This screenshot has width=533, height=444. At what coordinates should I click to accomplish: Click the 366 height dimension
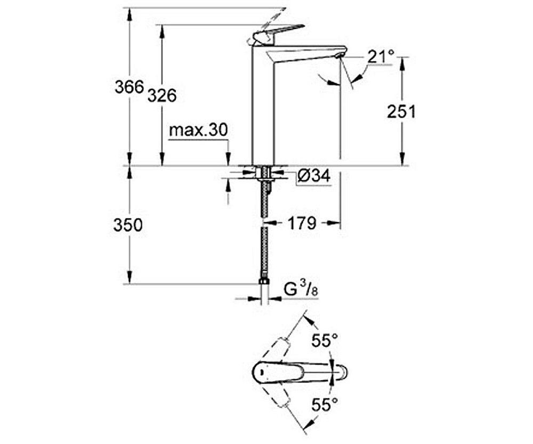[x=130, y=87]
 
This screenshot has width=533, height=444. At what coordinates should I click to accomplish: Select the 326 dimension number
[x=162, y=95]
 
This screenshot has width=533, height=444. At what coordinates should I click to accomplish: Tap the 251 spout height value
[x=401, y=111]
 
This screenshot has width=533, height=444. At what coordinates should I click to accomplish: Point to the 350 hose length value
[x=128, y=225]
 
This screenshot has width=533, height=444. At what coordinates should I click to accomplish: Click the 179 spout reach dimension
[x=302, y=223]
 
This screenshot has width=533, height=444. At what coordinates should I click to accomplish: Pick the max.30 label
[x=198, y=130]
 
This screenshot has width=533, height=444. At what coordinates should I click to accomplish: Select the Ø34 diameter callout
[x=313, y=176]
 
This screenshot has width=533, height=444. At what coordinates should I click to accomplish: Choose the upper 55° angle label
[x=325, y=341]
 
